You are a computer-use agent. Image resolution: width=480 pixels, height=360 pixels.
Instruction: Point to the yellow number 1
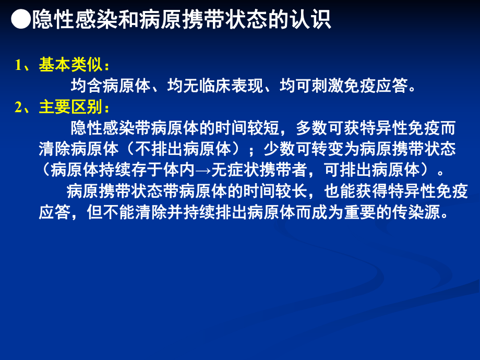18,66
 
